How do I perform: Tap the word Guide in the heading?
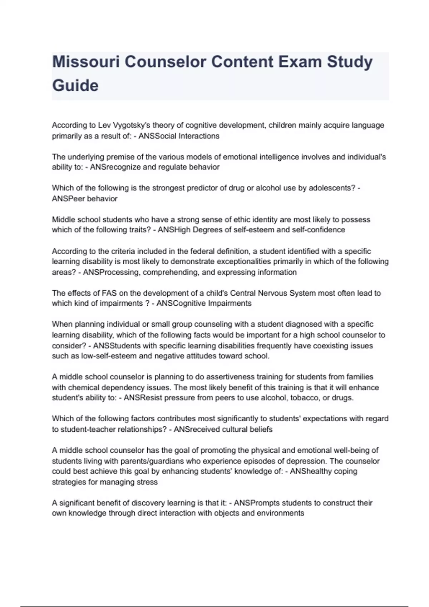pos(75,86)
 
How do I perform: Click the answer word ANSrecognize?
pos(115,167)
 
